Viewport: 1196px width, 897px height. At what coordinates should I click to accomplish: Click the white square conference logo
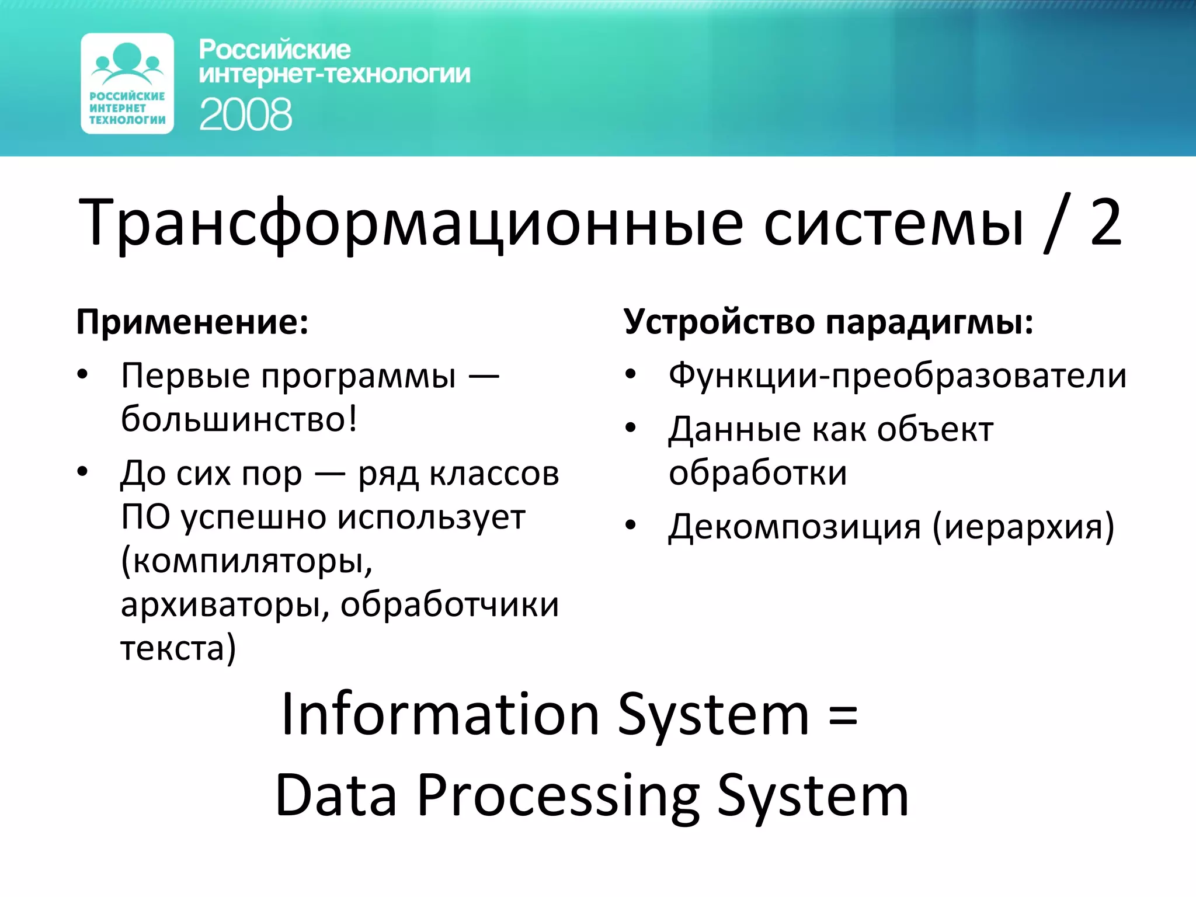pos(127,84)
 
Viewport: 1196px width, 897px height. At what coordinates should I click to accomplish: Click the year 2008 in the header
pos(245,114)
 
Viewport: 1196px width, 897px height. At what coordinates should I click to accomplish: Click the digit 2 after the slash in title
pos(1105,222)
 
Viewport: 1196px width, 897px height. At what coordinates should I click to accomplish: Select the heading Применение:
pos(192,322)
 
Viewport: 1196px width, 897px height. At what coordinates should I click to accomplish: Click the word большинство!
pos(239,419)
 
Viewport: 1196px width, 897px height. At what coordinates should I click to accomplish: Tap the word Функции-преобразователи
pos(897,376)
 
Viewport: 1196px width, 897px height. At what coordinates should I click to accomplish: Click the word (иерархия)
pos(1023,527)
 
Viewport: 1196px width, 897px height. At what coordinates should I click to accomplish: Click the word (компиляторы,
pos(246,562)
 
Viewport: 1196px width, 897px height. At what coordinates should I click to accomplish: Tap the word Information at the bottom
pos(440,715)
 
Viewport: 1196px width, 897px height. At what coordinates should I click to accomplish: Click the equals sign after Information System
pos(843,716)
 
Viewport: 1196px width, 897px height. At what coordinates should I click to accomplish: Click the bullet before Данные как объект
pos(630,428)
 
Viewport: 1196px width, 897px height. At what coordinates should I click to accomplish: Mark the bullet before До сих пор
pos(82,471)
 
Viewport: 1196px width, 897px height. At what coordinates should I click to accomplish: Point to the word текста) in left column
pos(178,648)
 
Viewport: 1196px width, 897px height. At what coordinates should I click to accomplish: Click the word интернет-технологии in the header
pos(334,75)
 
